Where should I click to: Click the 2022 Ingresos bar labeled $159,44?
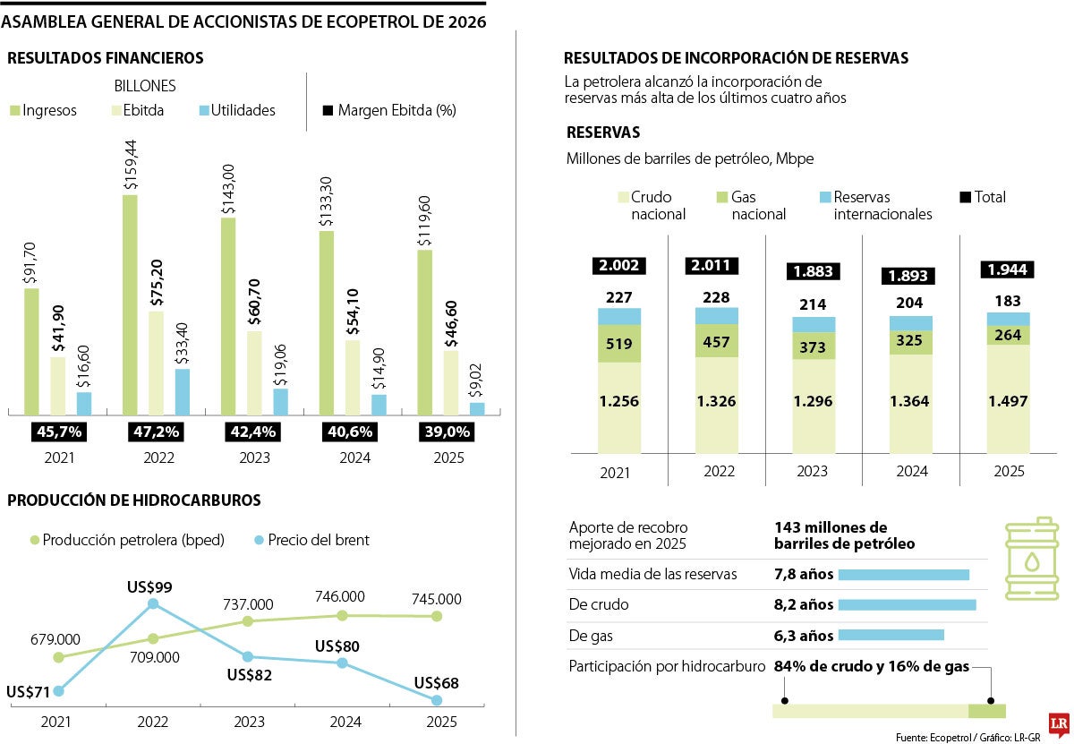[130, 304]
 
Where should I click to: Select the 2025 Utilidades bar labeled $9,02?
[477, 409]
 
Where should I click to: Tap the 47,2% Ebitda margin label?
[157, 432]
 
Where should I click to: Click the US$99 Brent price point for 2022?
[153, 603]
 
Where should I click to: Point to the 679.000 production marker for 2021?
[59, 657]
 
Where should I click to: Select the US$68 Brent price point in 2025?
[437, 700]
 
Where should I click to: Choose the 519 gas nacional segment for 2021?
[619, 343]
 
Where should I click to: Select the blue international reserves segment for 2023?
[814, 325]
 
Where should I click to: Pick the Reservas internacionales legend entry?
[876, 205]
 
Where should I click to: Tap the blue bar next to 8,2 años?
[907, 605]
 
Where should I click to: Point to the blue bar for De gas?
[891, 636]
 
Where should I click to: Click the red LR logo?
[1059, 722]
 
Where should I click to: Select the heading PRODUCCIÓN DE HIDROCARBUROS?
[134, 500]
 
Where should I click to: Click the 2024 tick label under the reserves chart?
[911, 471]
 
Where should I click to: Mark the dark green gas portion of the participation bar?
[987, 711]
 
